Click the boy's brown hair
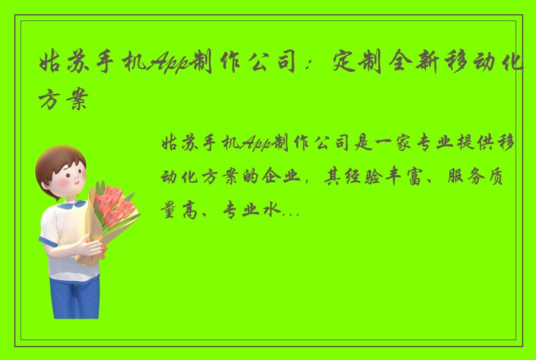point(60,157)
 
